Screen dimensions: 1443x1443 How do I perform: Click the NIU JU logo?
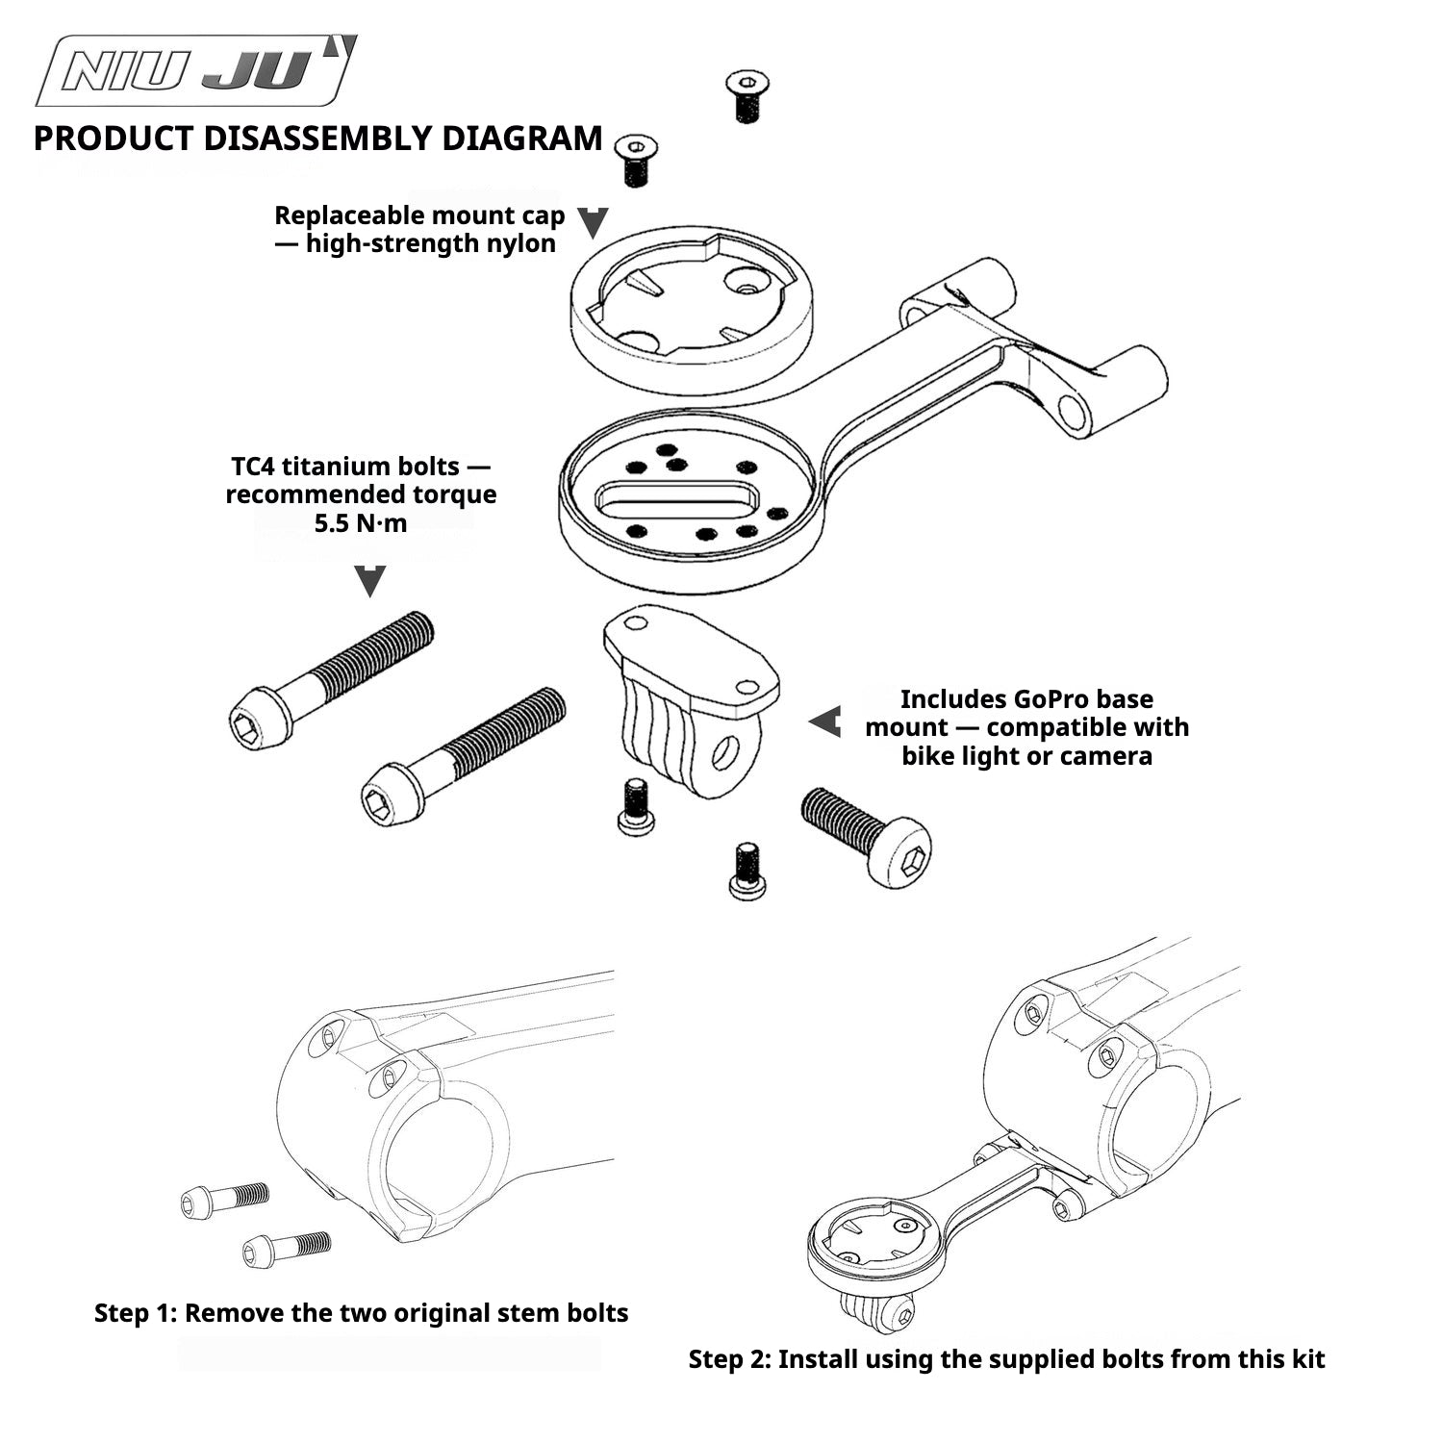[x=196, y=70]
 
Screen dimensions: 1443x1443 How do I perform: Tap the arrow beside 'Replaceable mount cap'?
[x=594, y=222]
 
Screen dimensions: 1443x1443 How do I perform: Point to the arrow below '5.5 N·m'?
[x=370, y=581]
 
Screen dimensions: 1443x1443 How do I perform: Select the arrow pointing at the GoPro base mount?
[x=824, y=721]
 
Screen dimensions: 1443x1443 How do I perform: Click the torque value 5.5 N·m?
[x=361, y=523]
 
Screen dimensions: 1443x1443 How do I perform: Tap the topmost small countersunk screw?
[x=746, y=96]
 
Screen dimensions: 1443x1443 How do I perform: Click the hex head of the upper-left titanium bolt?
[x=260, y=719]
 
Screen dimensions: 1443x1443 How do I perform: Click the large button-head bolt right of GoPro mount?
[x=866, y=835]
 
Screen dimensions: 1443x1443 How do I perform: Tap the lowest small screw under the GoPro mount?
[x=747, y=872]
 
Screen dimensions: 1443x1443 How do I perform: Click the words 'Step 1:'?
[x=136, y=1313]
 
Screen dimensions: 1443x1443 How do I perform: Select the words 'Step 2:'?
[x=730, y=1359]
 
